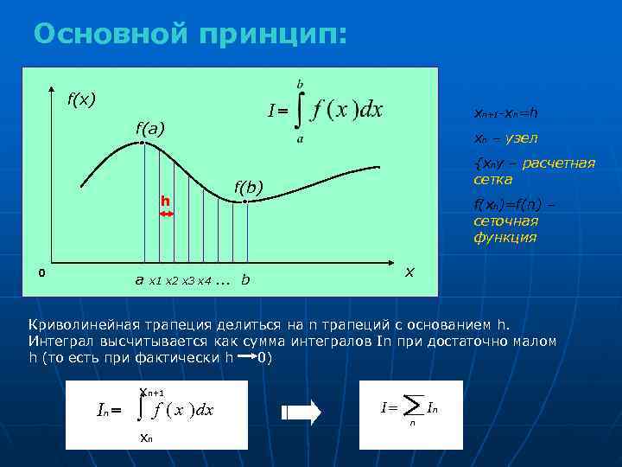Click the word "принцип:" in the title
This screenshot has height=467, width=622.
coord(274,35)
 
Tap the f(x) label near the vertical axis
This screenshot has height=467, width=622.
coord(82,98)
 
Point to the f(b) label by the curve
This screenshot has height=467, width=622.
coord(249,187)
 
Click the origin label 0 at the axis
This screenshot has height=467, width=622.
coord(41,274)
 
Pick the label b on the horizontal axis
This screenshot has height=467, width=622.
coord(246,279)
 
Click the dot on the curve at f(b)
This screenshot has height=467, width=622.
coord(245,202)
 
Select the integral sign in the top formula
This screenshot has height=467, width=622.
coord(300,111)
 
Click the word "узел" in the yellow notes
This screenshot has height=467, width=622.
coord(521,138)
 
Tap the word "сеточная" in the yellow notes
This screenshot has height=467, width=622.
coord(505,221)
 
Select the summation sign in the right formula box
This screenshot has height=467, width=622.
coord(413,405)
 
